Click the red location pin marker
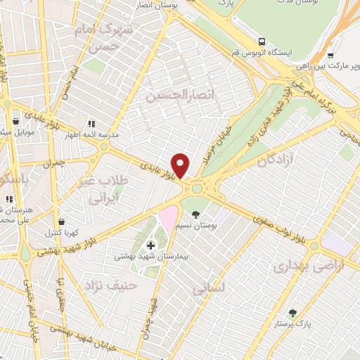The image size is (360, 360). point(181,165)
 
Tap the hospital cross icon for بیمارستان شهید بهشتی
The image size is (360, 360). point(150,246)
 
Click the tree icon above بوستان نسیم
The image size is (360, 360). point(195,214)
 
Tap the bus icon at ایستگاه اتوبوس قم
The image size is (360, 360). point(262,41)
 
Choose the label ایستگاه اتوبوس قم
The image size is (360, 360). point(267,53)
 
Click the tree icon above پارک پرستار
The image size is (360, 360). point(293,313)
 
